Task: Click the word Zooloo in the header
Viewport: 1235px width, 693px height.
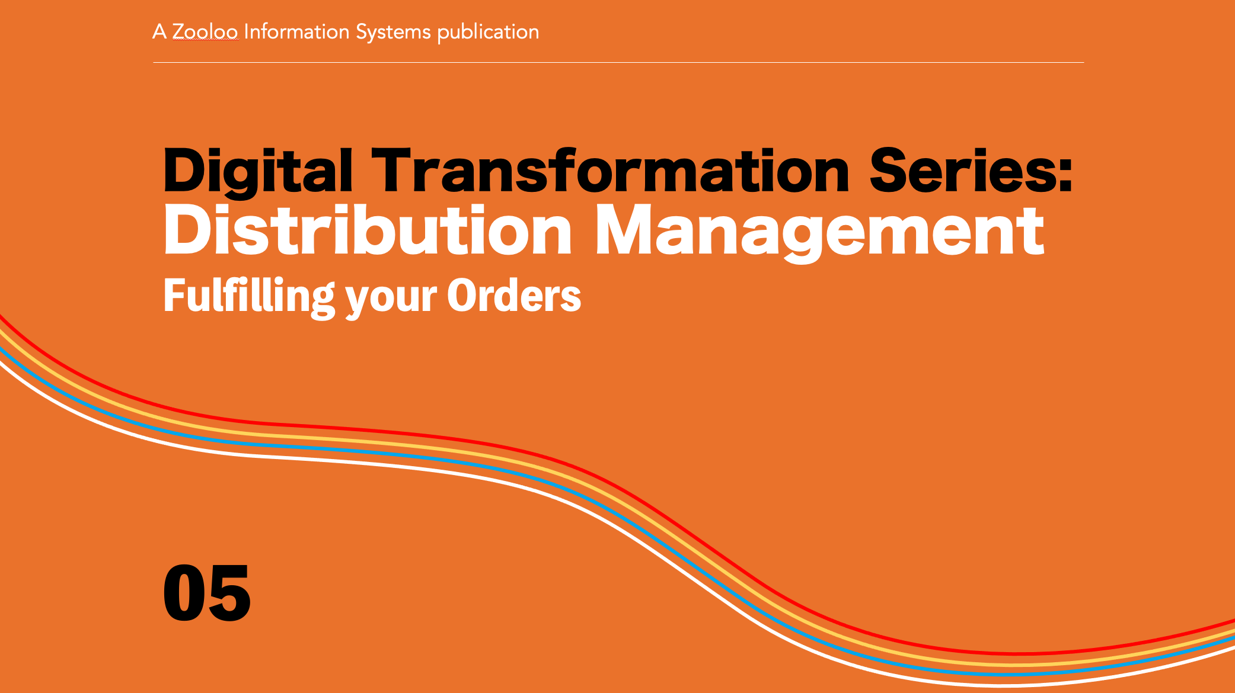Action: click(205, 32)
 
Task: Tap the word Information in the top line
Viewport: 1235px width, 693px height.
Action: click(296, 31)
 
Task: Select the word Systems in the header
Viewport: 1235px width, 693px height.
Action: click(393, 33)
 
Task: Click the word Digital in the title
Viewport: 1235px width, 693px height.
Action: click(258, 172)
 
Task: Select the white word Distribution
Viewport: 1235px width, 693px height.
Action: click(368, 229)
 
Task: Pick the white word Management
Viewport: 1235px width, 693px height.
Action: click(819, 233)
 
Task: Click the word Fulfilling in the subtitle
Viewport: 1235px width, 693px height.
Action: click(249, 298)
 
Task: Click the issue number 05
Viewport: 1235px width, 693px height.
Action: click(207, 593)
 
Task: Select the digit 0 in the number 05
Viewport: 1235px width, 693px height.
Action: click(184, 593)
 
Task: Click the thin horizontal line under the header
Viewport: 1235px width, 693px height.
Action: click(618, 62)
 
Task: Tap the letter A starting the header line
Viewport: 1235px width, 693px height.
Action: click(159, 31)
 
